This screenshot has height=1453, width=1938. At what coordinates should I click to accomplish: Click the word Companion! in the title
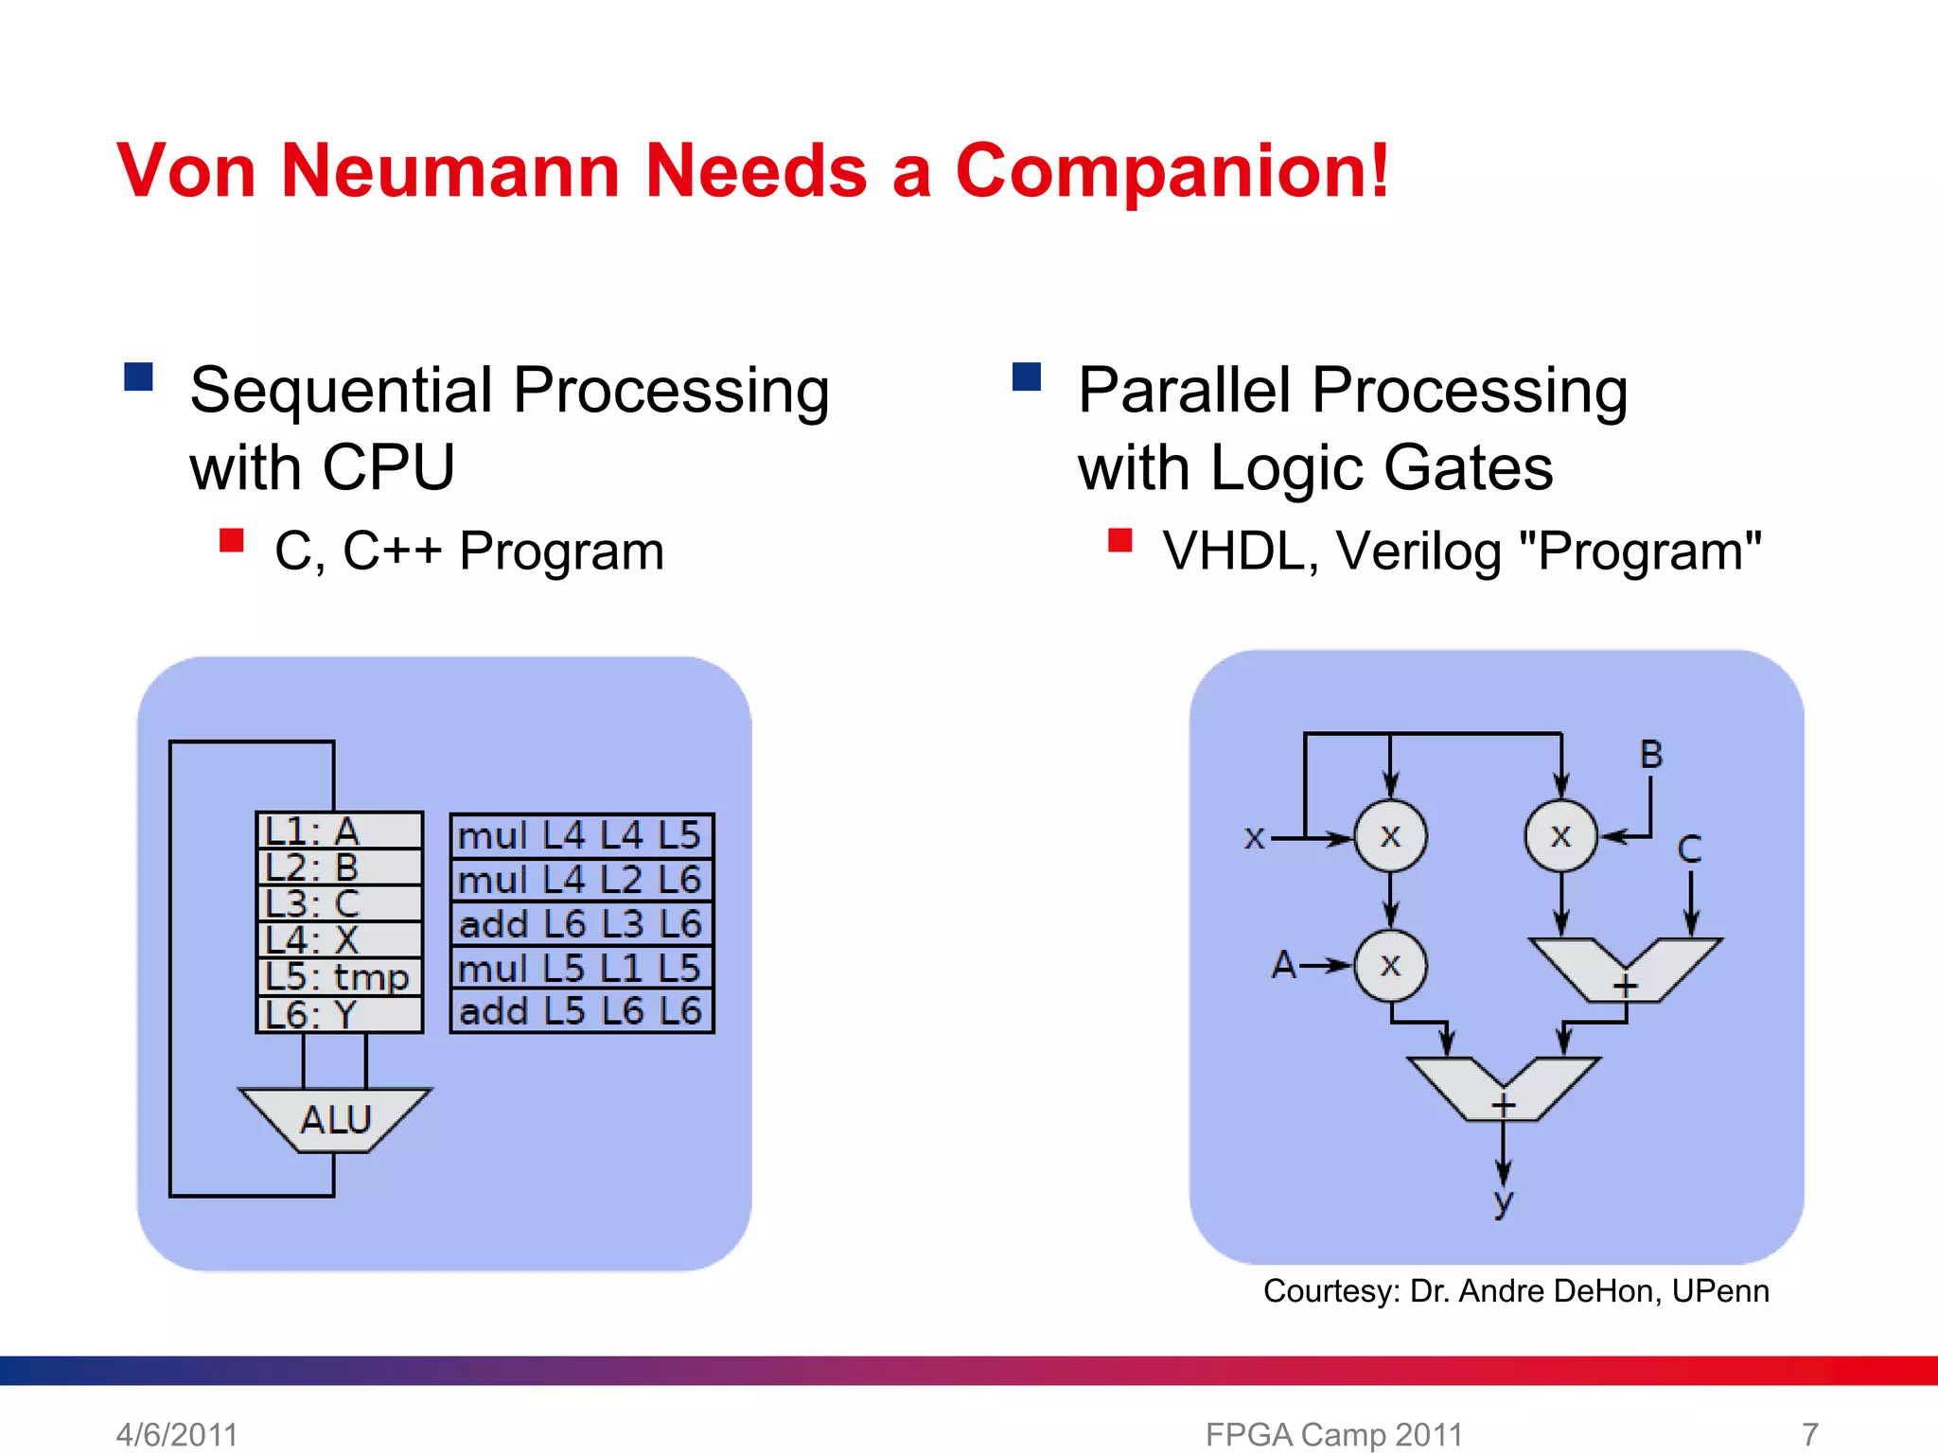click(x=1172, y=170)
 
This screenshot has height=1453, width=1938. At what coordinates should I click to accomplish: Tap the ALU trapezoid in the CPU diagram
click(x=336, y=1119)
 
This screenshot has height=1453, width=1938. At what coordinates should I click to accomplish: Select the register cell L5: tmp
click(x=339, y=977)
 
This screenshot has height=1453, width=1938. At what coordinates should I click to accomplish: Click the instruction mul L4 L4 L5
click(x=581, y=835)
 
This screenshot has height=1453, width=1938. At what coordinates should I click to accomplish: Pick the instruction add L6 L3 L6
click(x=581, y=923)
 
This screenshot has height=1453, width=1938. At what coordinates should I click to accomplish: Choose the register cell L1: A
click(x=339, y=831)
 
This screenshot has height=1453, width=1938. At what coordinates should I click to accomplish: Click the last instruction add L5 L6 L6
click(x=581, y=1011)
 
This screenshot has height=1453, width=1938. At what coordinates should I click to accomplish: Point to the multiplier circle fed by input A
click(x=1390, y=965)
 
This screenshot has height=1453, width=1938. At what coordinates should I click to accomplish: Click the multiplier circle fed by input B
click(x=1560, y=835)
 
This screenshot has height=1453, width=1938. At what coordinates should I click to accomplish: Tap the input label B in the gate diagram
click(x=1651, y=755)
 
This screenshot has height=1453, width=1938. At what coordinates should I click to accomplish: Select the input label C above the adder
click(x=1689, y=849)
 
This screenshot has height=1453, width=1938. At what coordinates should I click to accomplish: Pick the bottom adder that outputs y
click(x=1503, y=1088)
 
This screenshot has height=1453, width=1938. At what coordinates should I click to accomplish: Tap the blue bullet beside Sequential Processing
click(x=138, y=376)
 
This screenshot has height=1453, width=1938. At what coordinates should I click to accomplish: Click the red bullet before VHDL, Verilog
click(x=1119, y=540)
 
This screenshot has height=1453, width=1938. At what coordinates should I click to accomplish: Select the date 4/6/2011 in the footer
click(x=177, y=1434)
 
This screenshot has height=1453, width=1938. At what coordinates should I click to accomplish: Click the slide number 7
click(x=1809, y=1434)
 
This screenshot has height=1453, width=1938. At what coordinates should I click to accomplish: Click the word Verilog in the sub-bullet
click(x=1418, y=551)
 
